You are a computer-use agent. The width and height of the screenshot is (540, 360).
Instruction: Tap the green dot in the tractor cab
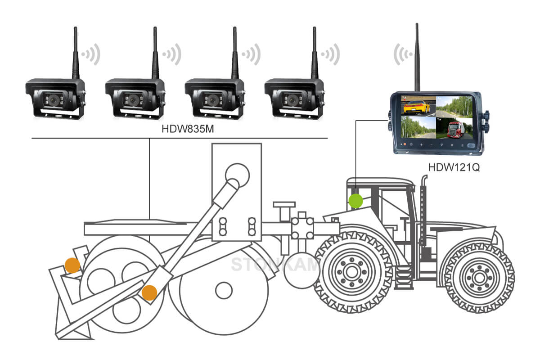coord(356,201)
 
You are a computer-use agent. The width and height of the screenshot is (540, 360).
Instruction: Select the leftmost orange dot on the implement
coord(72,266)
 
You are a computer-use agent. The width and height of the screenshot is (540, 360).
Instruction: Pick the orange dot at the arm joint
coord(149,293)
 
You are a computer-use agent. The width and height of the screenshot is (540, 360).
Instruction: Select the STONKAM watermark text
coord(275,265)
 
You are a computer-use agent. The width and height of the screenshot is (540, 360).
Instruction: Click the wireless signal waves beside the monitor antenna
coord(402,54)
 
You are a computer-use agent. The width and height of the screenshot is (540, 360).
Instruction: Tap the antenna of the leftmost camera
coord(76,52)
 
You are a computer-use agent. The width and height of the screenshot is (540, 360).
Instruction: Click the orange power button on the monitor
coord(404,145)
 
